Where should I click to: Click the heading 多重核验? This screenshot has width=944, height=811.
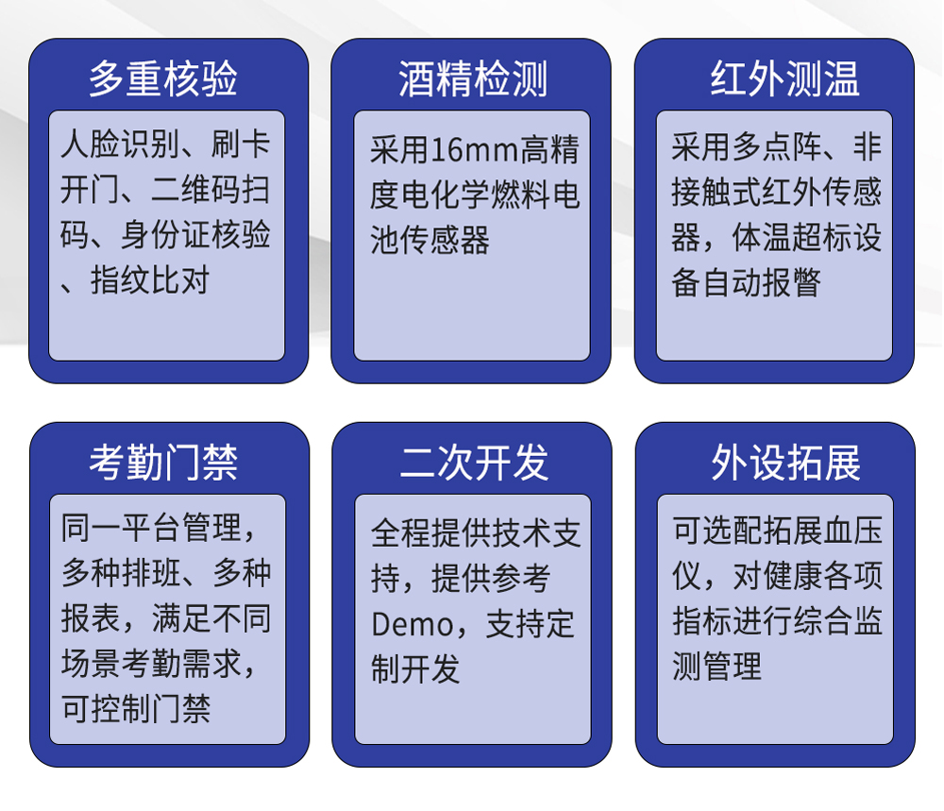pyautogui.click(x=163, y=79)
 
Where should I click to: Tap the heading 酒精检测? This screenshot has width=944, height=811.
pyautogui.click(x=473, y=79)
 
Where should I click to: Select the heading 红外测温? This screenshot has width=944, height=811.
pyautogui.click(x=784, y=79)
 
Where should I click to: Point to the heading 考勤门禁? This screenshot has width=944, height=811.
pyautogui.click(x=163, y=463)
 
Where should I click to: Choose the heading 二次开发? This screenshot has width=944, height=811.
pyautogui.click(x=475, y=463)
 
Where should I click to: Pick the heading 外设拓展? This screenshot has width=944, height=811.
pyautogui.click(x=785, y=463)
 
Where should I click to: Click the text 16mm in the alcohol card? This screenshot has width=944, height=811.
pyautogui.click(x=475, y=150)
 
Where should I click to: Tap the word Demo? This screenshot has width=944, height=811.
pyautogui.click(x=413, y=624)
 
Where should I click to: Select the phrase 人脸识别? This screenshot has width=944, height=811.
pyautogui.click(x=121, y=144)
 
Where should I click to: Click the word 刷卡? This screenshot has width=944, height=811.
pyautogui.click(x=241, y=144)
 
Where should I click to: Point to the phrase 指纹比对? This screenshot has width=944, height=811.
pyautogui.click(x=150, y=280)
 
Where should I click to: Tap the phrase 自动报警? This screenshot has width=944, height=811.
pyautogui.click(x=762, y=282)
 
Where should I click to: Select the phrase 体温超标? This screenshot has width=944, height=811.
pyautogui.click(x=792, y=237)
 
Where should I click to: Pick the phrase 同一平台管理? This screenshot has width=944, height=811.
pyautogui.click(x=151, y=528)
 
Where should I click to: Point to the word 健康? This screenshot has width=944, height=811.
pyautogui.click(x=793, y=576)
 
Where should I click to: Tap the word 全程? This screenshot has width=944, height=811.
pyautogui.click(x=400, y=534)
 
